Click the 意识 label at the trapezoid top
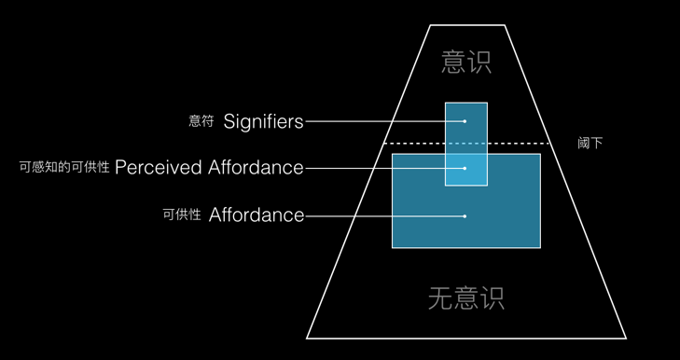(x=465, y=62)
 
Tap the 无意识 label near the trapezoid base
(x=465, y=298)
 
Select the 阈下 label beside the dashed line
(x=590, y=143)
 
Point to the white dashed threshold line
(x=522, y=143)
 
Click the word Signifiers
(x=263, y=121)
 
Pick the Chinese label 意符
(x=201, y=121)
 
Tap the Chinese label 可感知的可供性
(x=64, y=168)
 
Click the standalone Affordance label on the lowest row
(x=257, y=215)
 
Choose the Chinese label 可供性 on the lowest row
(x=181, y=215)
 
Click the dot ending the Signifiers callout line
(x=465, y=121)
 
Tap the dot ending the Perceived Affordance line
(x=465, y=169)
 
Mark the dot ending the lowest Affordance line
(x=465, y=216)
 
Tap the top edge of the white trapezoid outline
(x=465, y=25)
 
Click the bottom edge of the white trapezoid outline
(x=465, y=338)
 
